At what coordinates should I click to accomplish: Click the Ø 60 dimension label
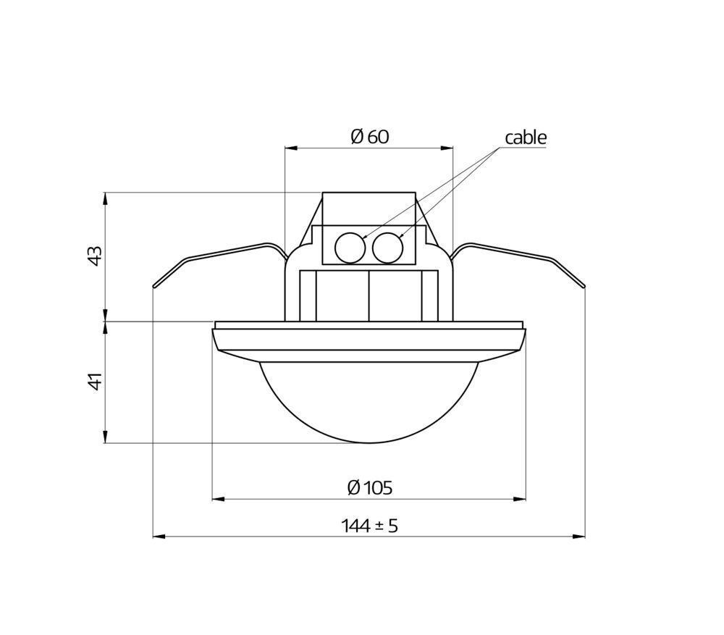coord(370,137)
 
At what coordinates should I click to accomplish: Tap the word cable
coord(526,138)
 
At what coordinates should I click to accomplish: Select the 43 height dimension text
coord(95,256)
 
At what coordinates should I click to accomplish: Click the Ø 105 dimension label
coord(370,488)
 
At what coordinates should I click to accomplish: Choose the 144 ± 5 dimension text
coord(369,526)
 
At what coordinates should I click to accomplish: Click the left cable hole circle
coord(350,248)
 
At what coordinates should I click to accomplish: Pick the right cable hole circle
coord(388,248)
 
